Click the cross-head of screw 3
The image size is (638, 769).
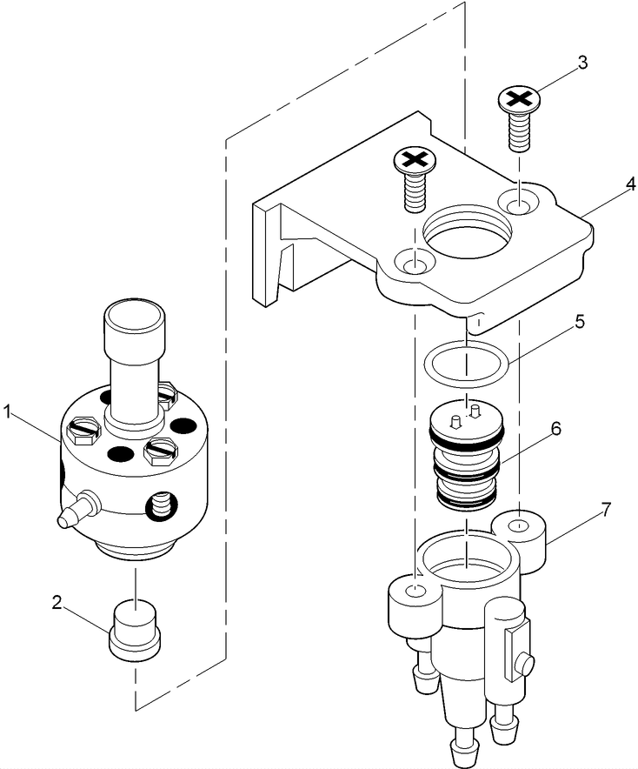tap(518, 99)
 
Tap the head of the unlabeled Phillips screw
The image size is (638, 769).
tap(414, 159)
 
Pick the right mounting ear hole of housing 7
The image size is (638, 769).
tap(518, 526)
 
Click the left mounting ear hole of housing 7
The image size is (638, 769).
tap(416, 592)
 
